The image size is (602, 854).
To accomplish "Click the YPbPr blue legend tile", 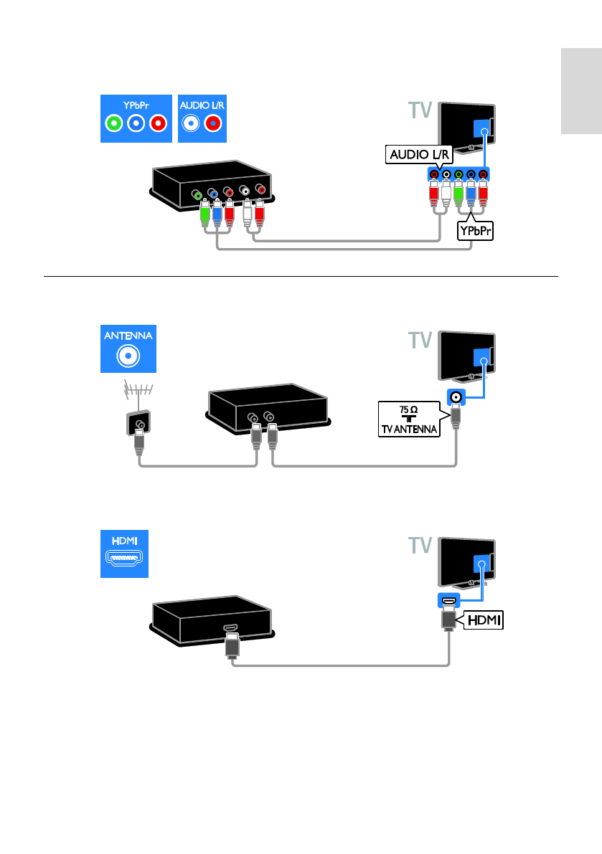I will click(136, 118).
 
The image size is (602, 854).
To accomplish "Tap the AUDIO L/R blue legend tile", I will click(201, 118).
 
